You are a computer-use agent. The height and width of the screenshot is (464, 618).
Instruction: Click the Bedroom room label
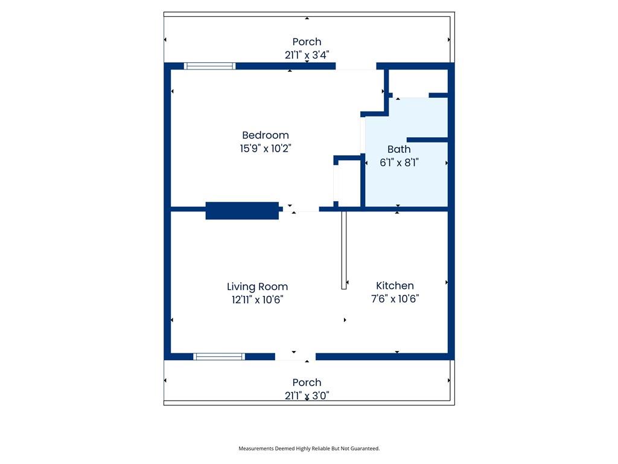(266, 135)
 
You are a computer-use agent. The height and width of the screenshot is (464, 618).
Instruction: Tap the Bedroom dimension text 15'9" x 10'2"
(266, 149)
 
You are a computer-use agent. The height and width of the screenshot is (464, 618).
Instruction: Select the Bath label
(399, 149)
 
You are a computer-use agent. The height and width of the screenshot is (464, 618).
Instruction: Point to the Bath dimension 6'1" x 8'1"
(399, 163)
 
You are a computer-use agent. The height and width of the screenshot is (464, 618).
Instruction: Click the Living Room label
(257, 287)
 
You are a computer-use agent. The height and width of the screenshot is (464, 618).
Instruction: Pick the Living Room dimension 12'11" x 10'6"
(257, 300)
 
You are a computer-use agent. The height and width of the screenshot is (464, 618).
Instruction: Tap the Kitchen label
(395, 286)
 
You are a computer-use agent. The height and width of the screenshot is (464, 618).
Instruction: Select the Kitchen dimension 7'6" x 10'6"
(395, 298)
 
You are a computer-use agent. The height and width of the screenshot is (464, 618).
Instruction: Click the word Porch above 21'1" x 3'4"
(307, 42)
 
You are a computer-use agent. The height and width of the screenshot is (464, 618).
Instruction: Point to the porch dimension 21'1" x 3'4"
(307, 55)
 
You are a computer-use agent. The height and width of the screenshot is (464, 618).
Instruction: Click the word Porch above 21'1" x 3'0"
(307, 382)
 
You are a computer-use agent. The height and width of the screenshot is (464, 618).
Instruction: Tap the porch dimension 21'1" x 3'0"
(307, 395)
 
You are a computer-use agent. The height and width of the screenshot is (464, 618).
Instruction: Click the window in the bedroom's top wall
(209, 66)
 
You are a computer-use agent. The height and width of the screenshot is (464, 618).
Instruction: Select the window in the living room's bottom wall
(219, 356)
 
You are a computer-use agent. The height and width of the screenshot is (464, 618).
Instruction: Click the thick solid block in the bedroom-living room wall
(242, 211)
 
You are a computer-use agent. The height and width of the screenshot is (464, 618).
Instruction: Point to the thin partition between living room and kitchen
(343, 250)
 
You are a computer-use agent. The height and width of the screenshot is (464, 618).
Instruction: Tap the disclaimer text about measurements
(309, 449)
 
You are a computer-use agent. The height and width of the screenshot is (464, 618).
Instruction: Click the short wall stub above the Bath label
(427, 140)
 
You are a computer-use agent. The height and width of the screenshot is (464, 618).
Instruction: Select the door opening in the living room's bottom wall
(295, 356)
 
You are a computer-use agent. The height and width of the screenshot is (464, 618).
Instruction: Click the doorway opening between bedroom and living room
(301, 208)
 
